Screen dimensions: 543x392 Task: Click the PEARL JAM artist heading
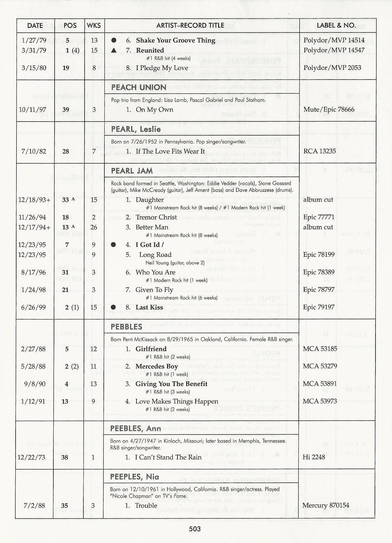(132, 171)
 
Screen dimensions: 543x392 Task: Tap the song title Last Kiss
(149, 307)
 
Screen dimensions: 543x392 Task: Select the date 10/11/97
(33, 110)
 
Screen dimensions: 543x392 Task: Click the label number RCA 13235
(319, 151)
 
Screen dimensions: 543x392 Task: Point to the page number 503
(195, 529)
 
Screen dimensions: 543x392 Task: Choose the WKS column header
(94, 26)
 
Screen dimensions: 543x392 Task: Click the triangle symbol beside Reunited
(114, 50)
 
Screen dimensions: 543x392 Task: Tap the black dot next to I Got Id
(113, 245)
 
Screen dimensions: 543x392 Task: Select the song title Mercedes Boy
(157, 366)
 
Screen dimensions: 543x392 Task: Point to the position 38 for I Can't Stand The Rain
(65, 457)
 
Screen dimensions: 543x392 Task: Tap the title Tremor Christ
(156, 217)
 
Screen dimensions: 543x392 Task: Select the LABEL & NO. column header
(336, 26)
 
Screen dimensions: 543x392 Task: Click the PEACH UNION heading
(139, 87)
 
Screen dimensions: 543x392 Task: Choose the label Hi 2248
(314, 457)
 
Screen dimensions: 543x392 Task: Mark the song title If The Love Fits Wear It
(170, 151)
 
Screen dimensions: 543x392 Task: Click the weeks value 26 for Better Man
(94, 227)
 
